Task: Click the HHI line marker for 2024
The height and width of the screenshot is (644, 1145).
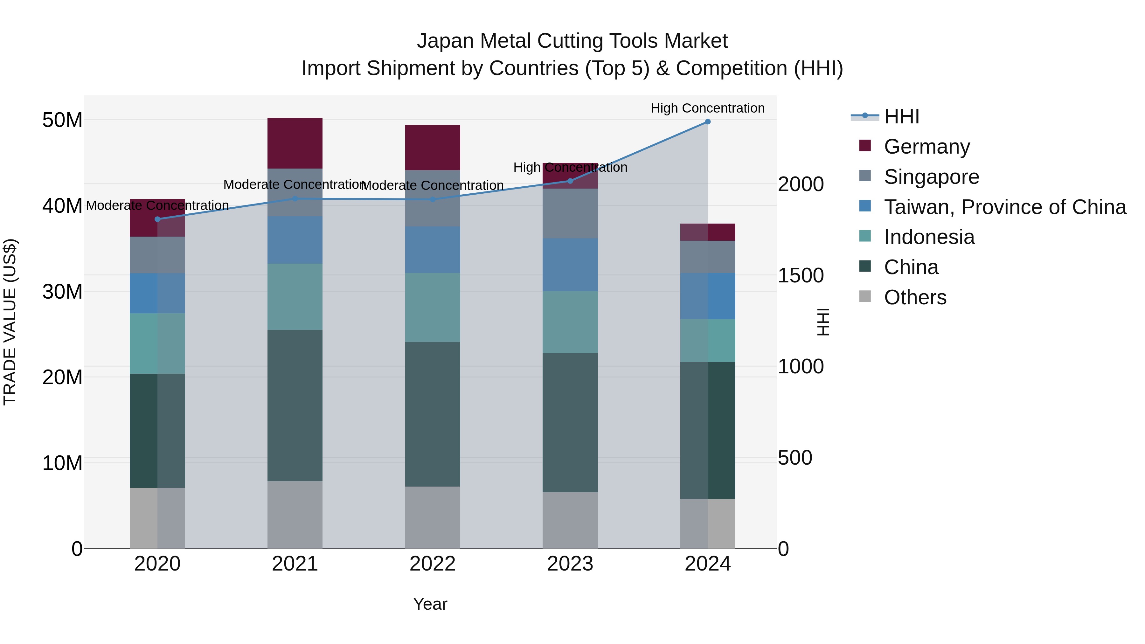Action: pyautogui.click(x=708, y=122)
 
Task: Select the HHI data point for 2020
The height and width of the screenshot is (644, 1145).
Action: pyautogui.click(x=157, y=219)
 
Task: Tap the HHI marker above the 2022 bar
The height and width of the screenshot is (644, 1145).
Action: pyautogui.click(x=433, y=199)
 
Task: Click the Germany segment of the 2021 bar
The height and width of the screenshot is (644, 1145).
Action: pyautogui.click(x=295, y=143)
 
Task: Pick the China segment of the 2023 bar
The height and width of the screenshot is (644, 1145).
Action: pyautogui.click(x=570, y=422)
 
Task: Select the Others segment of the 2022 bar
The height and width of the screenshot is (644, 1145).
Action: pyautogui.click(x=433, y=517)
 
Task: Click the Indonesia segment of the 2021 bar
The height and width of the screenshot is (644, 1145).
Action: pyautogui.click(x=295, y=296)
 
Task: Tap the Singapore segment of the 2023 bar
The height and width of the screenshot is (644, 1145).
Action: pyautogui.click(x=570, y=213)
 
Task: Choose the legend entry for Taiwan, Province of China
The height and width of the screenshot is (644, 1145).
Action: pyautogui.click(x=1004, y=207)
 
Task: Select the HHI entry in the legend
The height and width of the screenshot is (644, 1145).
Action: pyautogui.click(x=901, y=116)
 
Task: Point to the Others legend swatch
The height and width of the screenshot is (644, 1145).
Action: pyautogui.click(x=865, y=296)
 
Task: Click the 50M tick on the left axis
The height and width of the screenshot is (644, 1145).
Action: pyautogui.click(x=62, y=120)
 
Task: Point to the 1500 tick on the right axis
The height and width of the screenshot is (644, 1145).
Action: pyautogui.click(x=801, y=275)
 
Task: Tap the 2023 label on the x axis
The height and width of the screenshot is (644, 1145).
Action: pyautogui.click(x=570, y=564)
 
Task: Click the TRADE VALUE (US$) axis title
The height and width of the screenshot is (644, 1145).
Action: pyautogui.click(x=10, y=322)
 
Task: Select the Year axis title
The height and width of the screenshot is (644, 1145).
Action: pyautogui.click(x=430, y=604)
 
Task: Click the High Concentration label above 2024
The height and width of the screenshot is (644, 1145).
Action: pyautogui.click(x=708, y=108)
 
